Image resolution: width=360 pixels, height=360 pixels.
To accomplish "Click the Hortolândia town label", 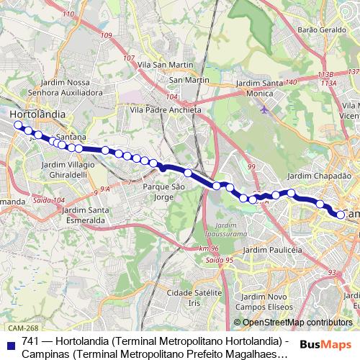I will (37, 114).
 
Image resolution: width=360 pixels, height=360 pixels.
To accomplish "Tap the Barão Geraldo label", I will (318, 30).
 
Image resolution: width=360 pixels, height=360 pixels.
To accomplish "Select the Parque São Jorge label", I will (165, 192).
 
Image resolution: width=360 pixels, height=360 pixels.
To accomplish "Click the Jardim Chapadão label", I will (318, 176).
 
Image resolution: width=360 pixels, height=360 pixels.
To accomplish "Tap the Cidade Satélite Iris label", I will (193, 298).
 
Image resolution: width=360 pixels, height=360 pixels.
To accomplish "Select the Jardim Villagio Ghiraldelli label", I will (68, 169).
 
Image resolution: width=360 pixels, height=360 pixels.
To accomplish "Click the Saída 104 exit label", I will (48, 200).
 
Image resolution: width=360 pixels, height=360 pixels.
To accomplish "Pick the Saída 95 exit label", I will (219, 259).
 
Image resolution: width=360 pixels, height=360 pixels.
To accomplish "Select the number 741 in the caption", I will (30, 341).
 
